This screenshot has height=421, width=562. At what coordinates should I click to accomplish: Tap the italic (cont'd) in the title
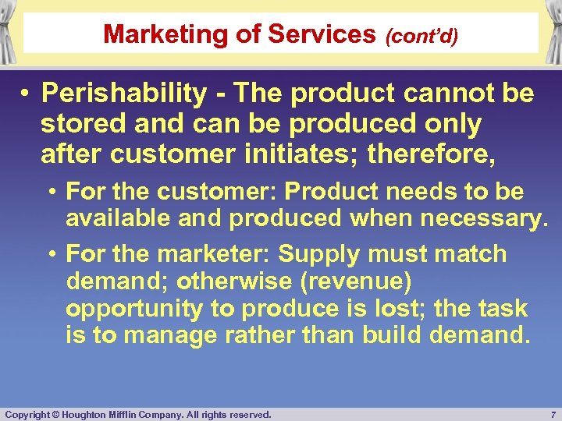coord(420,35)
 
